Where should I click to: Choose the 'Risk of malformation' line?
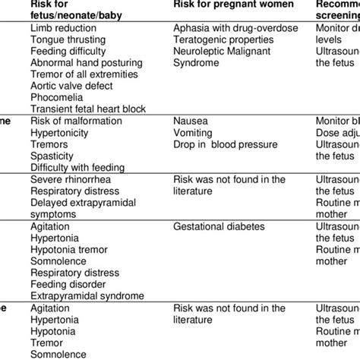click(x=76, y=121)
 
